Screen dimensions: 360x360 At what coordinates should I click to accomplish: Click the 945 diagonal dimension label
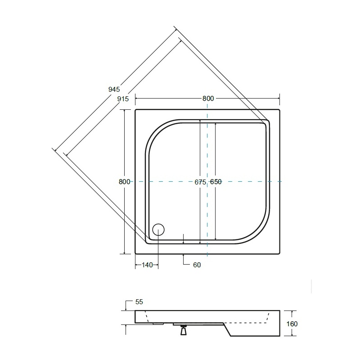pyautogui.click(x=114, y=89)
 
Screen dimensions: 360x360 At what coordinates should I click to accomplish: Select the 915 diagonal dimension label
pyautogui.click(x=123, y=99)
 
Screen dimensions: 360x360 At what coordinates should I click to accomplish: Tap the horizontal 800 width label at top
pyautogui.click(x=208, y=99)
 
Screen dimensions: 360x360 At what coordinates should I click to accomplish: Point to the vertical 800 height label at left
pyautogui.click(x=125, y=182)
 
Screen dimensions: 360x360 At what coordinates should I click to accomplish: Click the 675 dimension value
pyautogui.click(x=200, y=182)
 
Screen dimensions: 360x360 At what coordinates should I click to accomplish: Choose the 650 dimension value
pyautogui.click(x=216, y=182)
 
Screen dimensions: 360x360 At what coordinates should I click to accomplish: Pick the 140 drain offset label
pyautogui.click(x=147, y=265)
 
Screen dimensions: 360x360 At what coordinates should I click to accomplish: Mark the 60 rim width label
pyautogui.click(x=197, y=265)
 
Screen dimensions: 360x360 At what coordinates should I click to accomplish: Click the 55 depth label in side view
pyautogui.click(x=139, y=301)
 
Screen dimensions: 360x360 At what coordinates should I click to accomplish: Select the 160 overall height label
pyautogui.click(x=292, y=324)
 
